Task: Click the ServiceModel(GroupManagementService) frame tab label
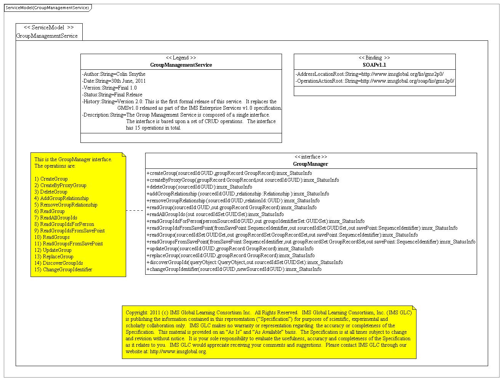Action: pos(47,8)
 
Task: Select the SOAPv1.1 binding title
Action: pos(374,65)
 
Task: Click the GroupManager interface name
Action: pos(311,164)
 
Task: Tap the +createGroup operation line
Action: pos(229,173)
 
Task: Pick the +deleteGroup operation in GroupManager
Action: pos(199,187)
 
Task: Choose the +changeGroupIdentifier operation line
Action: pos(234,269)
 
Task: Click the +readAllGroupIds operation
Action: pos(215,214)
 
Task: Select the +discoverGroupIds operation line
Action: pos(245,262)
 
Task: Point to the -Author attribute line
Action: pos(114,74)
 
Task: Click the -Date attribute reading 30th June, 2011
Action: pos(114,81)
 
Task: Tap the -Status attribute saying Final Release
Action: pos(112,94)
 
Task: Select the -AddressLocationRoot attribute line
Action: pos(370,74)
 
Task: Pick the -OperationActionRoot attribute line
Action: pos(375,81)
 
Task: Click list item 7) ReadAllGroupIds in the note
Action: pos(56,218)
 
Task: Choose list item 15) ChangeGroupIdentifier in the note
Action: pos(63,269)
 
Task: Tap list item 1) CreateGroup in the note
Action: pos(51,179)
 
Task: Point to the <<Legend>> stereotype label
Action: pos(181,58)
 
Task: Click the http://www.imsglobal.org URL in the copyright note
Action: pos(178,351)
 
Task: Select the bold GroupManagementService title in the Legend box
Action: pos(181,65)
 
